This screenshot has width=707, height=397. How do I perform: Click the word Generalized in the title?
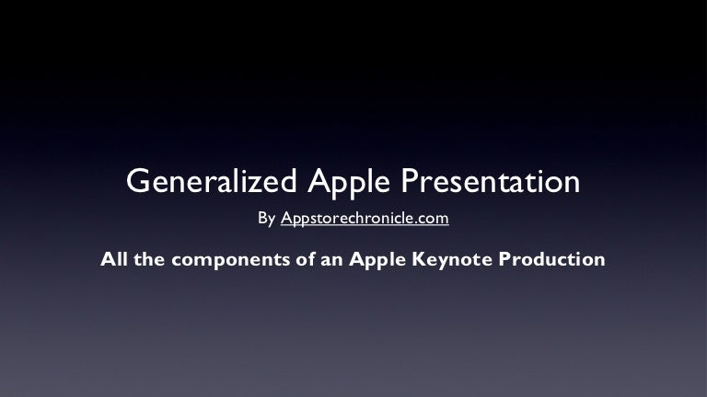(x=211, y=181)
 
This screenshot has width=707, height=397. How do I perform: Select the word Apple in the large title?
(x=349, y=183)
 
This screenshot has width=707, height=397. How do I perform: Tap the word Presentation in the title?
(x=490, y=181)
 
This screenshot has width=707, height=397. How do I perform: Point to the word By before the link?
(x=266, y=219)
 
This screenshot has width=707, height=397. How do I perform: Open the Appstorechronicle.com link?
(x=365, y=219)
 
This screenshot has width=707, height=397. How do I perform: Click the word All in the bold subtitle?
(x=114, y=259)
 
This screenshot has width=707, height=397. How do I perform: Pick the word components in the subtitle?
(x=230, y=261)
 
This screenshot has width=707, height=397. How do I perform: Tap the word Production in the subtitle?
(x=552, y=259)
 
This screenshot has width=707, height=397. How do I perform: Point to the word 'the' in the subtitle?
(x=149, y=259)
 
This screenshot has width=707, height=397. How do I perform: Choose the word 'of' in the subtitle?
(x=306, y=259)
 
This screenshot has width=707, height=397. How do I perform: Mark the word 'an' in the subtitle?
(x=331, y=261)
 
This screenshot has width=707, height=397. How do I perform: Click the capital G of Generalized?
(x=138, y=181)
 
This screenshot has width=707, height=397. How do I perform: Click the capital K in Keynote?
(x=420, y=259)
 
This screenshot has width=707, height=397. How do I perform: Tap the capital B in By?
(x=262, y=218)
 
